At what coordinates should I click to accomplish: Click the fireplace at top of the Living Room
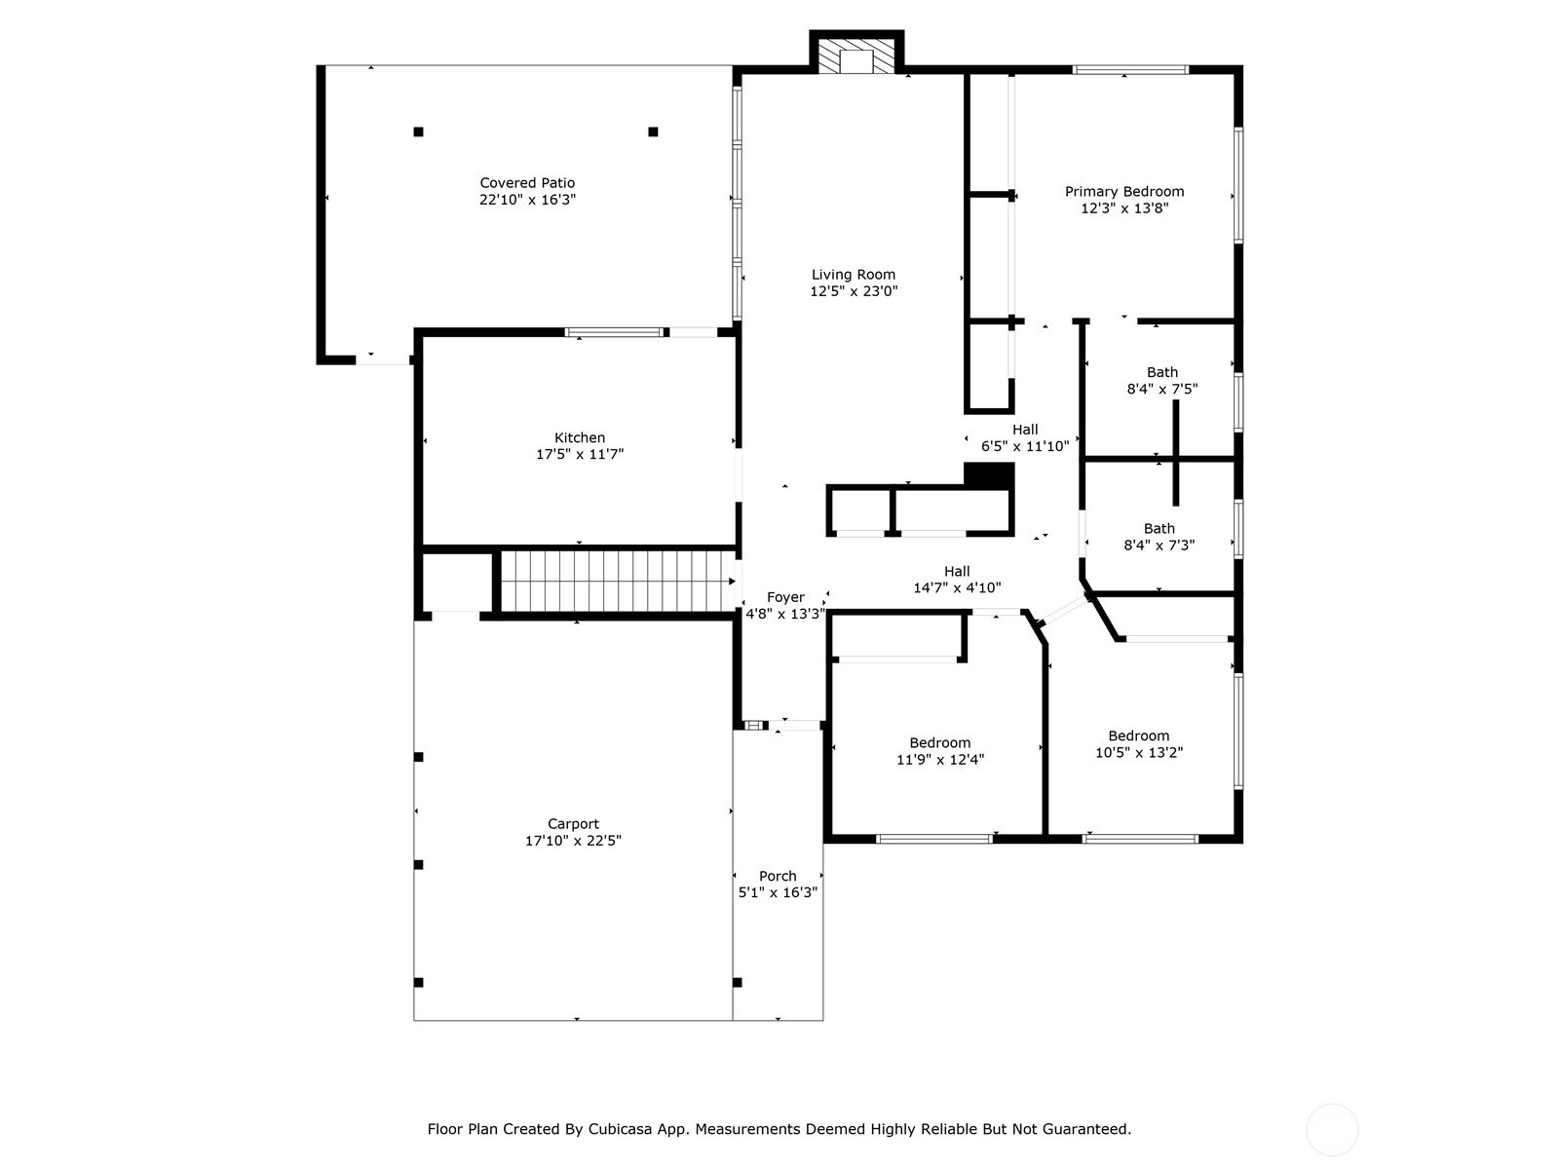tap(856, 57)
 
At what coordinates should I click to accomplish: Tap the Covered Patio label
tap(527, 183)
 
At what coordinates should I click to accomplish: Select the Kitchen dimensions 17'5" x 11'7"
tap(580, 454)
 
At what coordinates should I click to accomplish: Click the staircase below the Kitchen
tap(617, 582)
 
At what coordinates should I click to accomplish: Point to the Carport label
tap(573, 824)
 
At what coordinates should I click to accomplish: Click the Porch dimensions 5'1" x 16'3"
tap(778, 892)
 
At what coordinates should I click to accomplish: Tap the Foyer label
tap(785, 597)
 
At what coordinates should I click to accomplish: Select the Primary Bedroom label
tap(1124, 192)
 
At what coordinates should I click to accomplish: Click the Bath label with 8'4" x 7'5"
tap(1161, 372)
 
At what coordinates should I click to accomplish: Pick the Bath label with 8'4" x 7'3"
tap(1159, 529)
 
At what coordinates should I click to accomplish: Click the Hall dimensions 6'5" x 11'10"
tap(1025, 446)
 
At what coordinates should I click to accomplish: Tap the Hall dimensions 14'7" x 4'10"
tap(957, 587)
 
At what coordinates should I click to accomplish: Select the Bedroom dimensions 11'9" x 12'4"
tap(940, 760)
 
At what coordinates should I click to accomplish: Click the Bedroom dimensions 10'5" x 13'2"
tap(1139, 753)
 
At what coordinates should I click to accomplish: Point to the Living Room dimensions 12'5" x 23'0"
tap(854, 291)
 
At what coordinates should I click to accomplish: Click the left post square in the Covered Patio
tap(419, 132)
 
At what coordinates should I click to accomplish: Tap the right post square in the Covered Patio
tap(653, 132)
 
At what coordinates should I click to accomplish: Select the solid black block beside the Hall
tap(989, 474)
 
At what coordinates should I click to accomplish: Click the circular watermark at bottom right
tap(1331, 1130)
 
